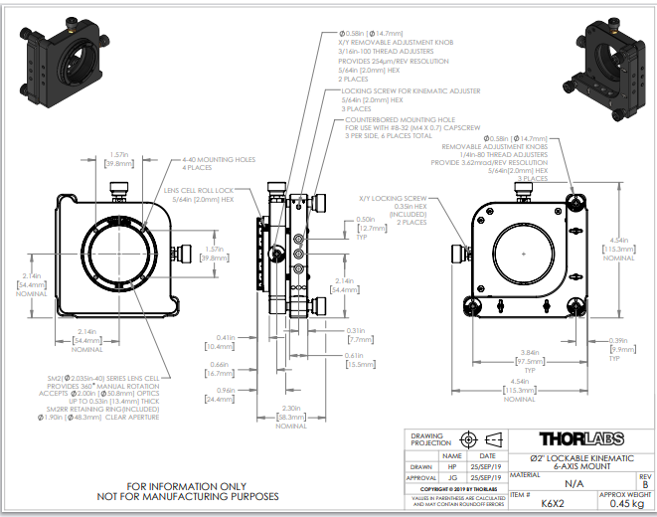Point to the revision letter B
pyautogui.click(x=645, y=484)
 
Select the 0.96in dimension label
pyautogui.click(x=226, y=391)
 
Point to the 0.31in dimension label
pyautogui.click(x=355, y=330)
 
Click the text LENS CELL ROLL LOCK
pyautogui.click(x=198, y=190)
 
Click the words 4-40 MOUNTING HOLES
pyautogui.click(x=218, y=159)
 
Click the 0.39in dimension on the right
pyautogui.click(x=622, y=340)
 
